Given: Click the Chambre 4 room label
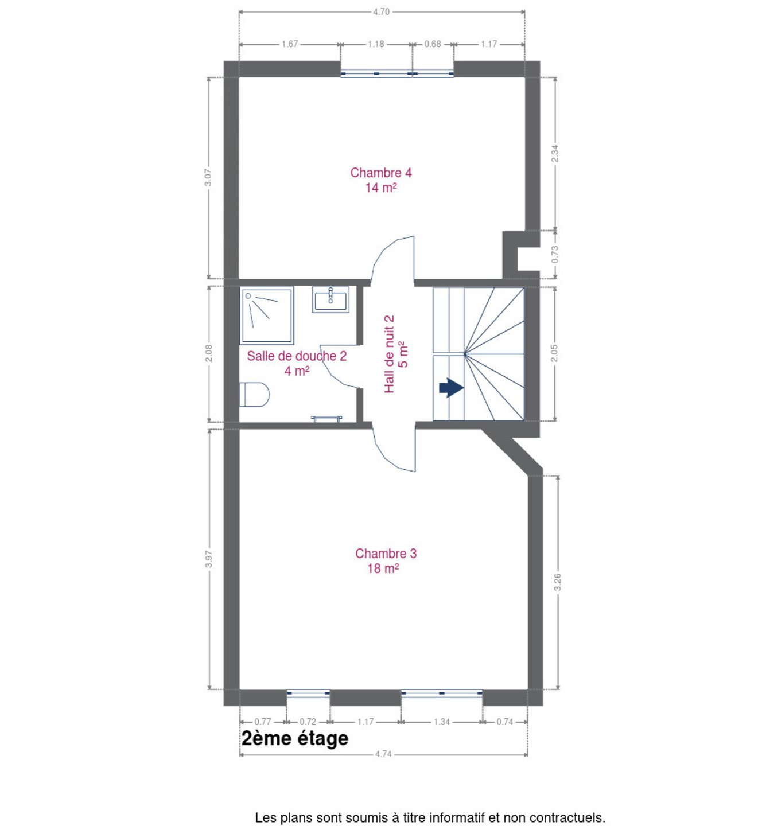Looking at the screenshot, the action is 381,180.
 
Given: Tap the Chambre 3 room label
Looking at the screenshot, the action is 385,560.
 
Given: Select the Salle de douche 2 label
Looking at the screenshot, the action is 297,363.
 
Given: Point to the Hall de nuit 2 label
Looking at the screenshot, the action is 396,354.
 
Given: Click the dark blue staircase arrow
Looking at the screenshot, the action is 451,388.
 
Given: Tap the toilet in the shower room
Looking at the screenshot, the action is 254,394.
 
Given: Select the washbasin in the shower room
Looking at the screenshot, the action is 330,299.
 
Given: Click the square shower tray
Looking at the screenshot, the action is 267,315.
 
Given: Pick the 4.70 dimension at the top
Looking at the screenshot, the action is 381,12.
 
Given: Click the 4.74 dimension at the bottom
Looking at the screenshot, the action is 383,754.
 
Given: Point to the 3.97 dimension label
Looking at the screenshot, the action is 208,559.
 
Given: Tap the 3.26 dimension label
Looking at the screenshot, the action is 558,582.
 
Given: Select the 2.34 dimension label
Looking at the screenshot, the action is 555,154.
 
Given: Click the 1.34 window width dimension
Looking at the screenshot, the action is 441,722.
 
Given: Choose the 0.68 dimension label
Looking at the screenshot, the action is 432,44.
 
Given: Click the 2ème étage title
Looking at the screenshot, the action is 294,738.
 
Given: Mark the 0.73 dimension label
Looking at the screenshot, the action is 555,255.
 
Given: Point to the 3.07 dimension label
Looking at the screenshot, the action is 208,177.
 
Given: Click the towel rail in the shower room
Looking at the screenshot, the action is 326,418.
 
